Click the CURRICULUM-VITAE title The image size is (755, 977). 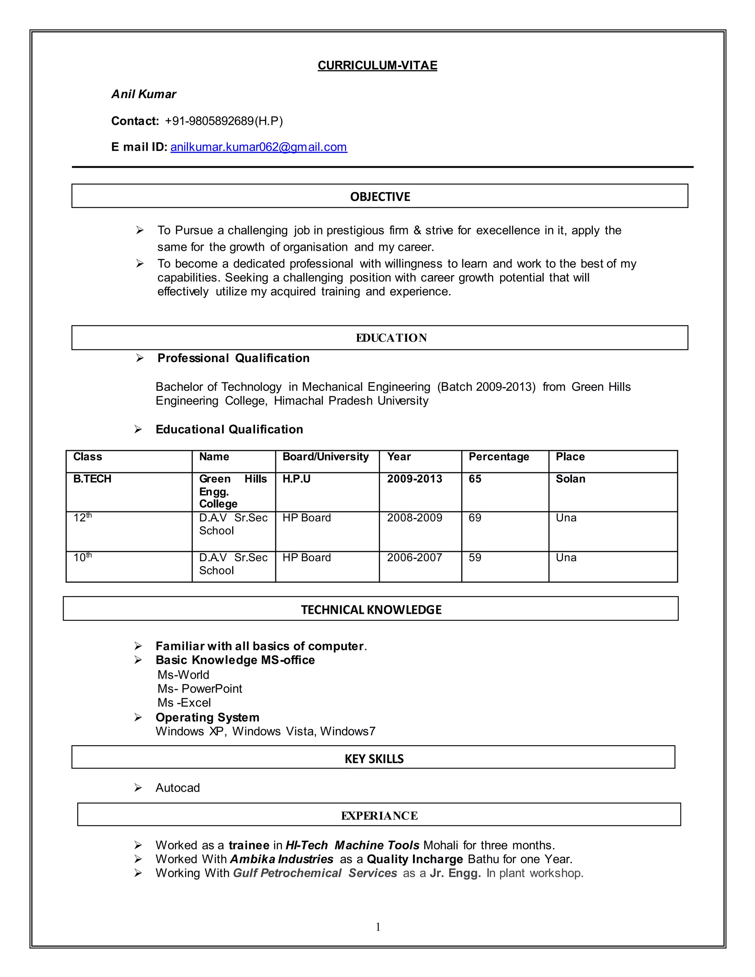377,65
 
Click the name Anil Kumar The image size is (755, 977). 143,94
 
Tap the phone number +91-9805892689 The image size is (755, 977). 209,121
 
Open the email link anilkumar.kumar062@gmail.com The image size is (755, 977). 258,147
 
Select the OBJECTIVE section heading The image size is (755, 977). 380,197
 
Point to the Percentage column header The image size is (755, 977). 498,456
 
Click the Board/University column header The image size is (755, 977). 325,456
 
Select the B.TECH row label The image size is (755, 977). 92,479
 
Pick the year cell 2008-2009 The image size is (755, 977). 414,518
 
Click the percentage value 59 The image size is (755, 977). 474,557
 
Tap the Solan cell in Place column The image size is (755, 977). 570,479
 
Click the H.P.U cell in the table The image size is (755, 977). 296,479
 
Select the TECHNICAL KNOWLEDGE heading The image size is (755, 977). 371,610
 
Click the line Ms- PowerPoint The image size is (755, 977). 199,688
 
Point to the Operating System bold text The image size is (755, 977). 207,717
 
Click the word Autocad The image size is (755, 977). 178,788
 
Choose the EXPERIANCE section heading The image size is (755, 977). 379,816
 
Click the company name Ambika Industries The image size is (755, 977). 281,859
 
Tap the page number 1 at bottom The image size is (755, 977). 378,927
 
